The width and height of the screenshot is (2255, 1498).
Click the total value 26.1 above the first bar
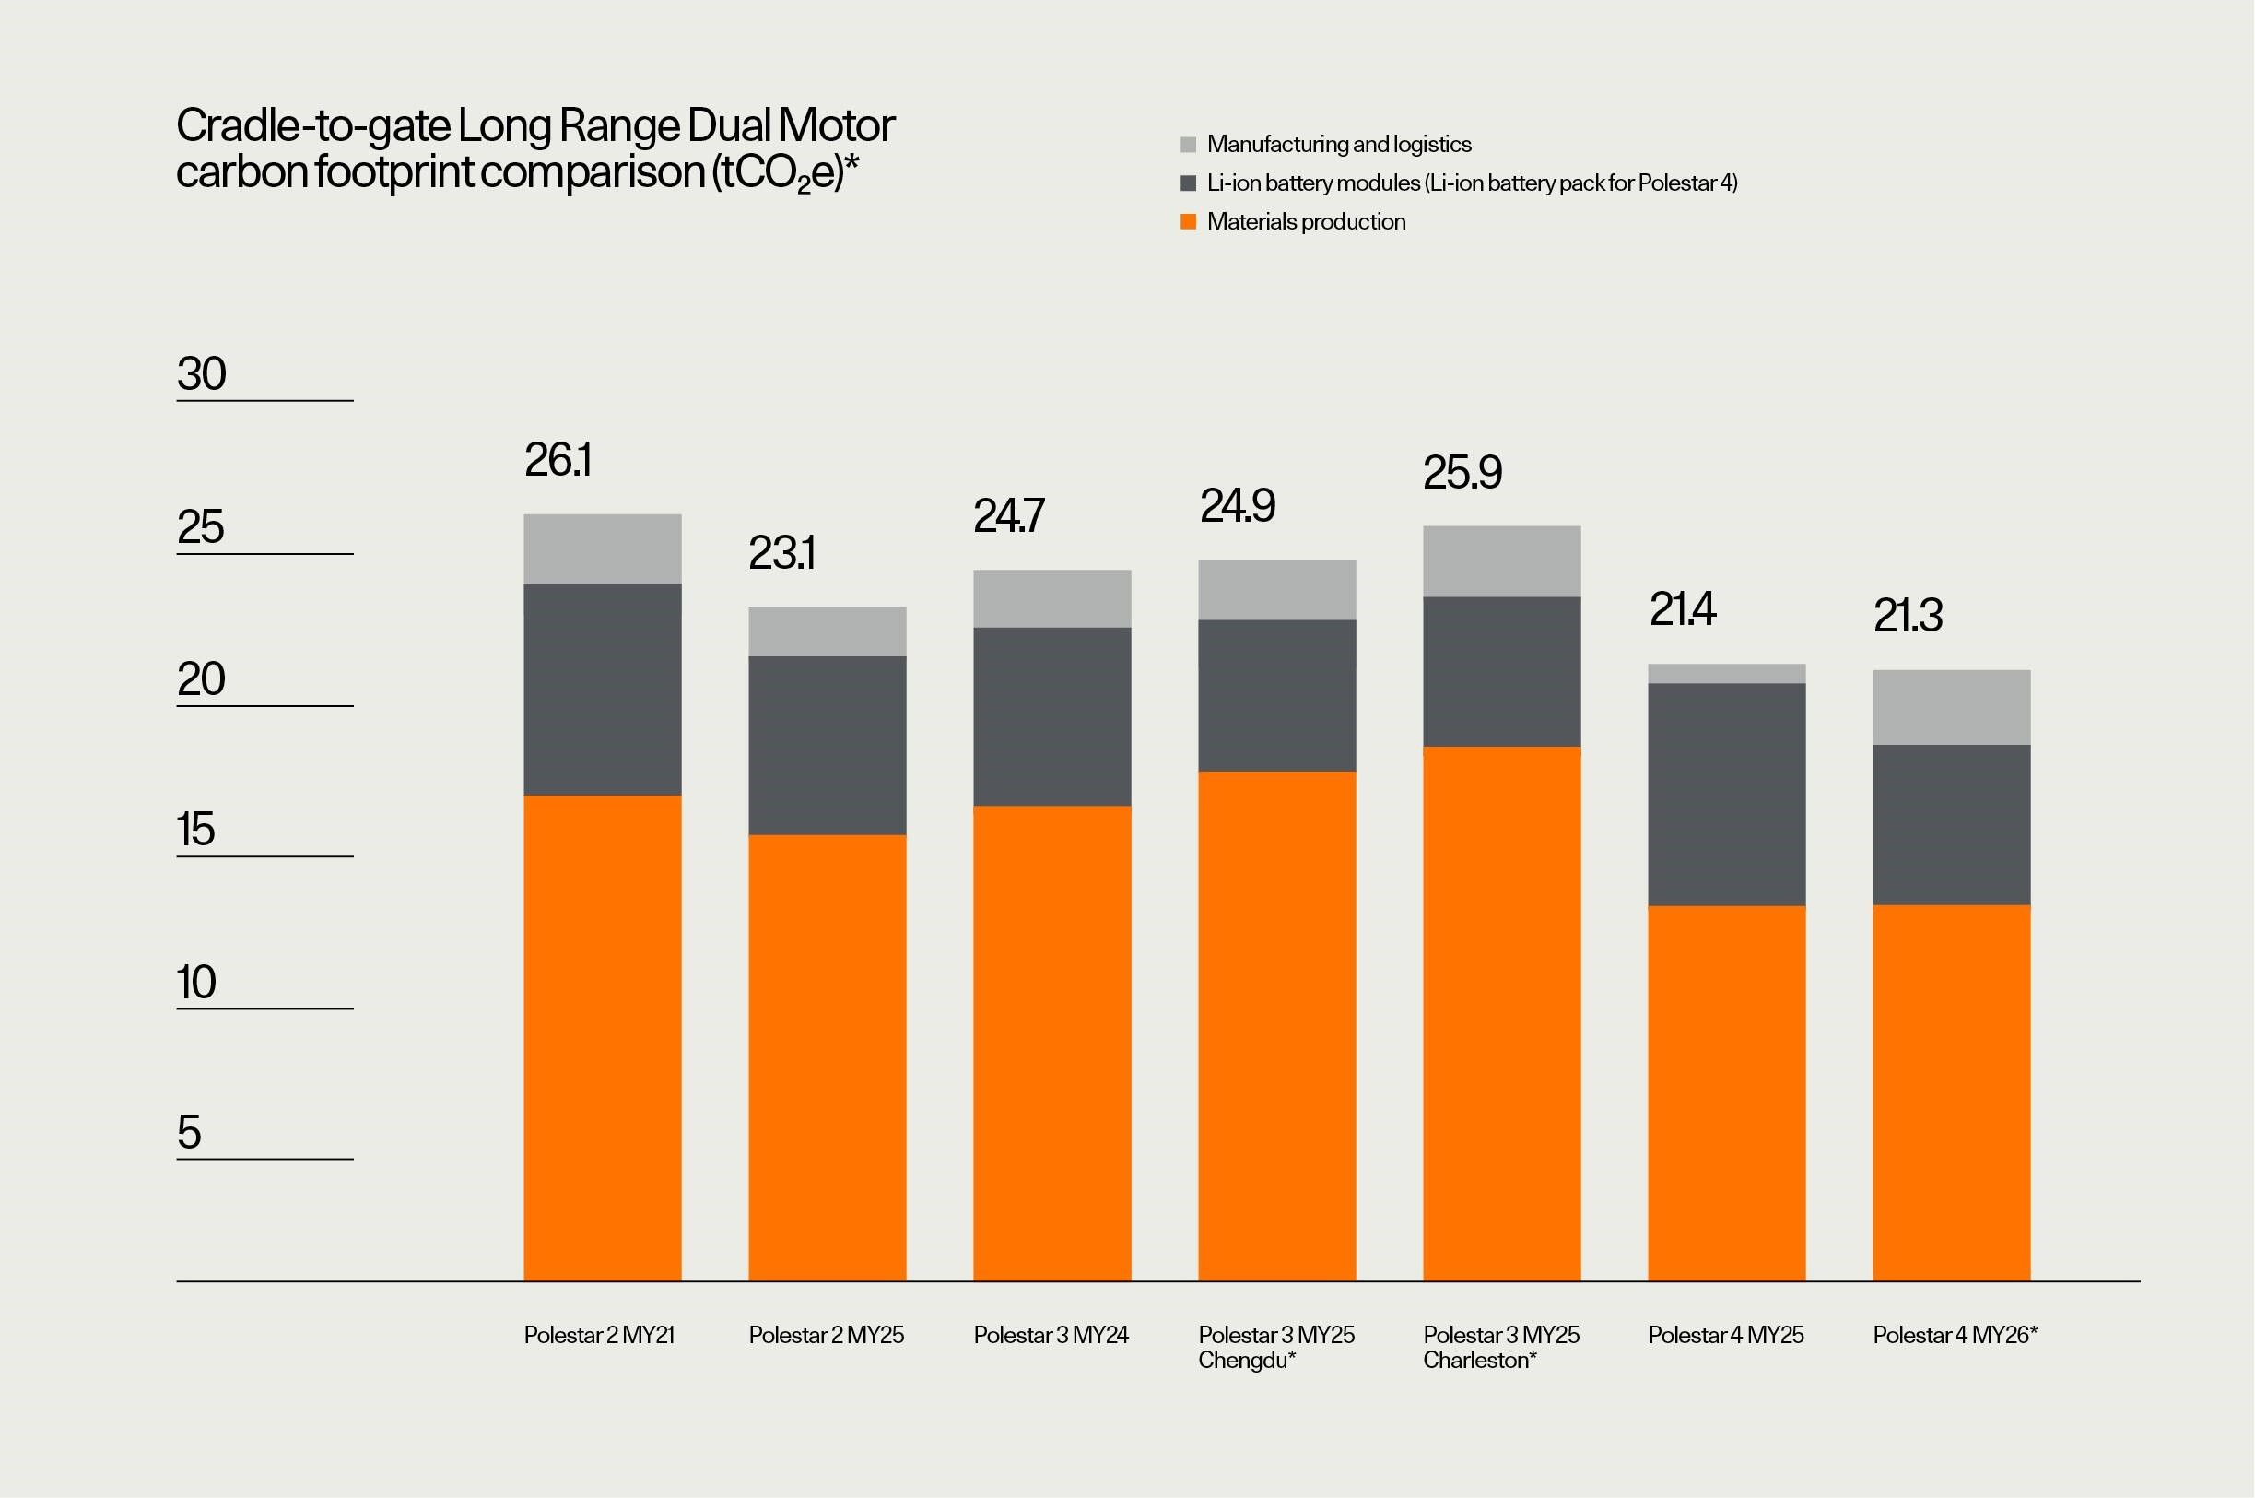tap(558, 461)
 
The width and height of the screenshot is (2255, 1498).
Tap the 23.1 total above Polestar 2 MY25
tap(781, 553)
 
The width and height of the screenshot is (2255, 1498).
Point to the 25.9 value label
tap(1462, 473)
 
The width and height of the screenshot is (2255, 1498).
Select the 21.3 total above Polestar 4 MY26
tap(1908, 615)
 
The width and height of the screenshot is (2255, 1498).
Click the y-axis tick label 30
tap(202, 373)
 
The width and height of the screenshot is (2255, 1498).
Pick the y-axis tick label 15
tap(195, 830)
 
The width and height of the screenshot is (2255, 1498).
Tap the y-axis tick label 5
tap(189, 1132)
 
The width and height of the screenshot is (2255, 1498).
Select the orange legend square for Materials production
tap(1188, 222)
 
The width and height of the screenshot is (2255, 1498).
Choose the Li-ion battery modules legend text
tap(1471, 183)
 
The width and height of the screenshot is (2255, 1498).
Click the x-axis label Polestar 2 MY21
tap(599, 1336)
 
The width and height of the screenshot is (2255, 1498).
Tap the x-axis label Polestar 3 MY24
tap(1051, 1336)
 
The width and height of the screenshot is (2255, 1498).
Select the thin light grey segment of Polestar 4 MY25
tap(1727, 674)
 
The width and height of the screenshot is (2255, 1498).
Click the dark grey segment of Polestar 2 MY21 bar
tap(603, 689)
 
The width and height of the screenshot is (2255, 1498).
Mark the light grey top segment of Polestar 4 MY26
tap(1951, 707)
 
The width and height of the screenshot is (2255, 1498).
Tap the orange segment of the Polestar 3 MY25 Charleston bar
tap(1501, 1013)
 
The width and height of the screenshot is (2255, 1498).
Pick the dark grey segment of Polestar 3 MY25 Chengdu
tap(1277, 695)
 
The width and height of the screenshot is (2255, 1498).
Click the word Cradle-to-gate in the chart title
tap(312, 126)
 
